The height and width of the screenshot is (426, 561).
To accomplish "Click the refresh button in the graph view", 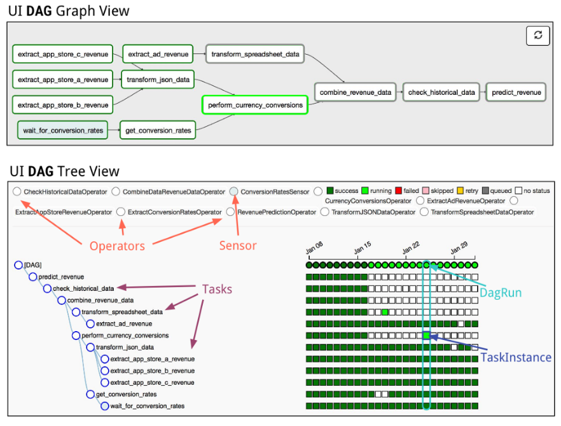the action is tap(537, 36).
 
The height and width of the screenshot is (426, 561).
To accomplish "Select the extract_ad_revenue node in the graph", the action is tap(158, 54).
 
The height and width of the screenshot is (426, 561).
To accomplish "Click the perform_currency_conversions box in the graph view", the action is tap(255, 105).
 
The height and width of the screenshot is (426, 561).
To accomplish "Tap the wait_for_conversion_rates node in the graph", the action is tap(63, 131).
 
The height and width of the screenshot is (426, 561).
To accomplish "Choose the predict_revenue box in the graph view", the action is tap(516, 92).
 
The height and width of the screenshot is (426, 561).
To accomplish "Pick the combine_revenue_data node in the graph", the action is tap(356, 92).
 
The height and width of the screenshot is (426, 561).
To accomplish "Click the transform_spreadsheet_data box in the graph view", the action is tap(255, 54).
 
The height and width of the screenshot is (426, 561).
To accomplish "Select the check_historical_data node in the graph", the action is tap(441, 92).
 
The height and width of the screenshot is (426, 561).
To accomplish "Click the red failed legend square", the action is tap(399, 190).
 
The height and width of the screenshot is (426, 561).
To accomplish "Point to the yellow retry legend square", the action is tap(461, 190).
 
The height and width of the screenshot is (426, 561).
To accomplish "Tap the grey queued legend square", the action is tap(485, 190).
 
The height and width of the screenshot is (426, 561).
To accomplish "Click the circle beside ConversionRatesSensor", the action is tap(233, 191).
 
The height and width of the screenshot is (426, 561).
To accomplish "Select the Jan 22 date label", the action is tap(411, 248).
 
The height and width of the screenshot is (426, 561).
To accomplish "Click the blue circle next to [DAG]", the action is tap(18, 265).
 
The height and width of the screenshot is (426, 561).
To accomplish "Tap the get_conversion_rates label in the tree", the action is tap(127, 394).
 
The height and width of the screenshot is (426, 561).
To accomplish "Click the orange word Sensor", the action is tap(238, 245).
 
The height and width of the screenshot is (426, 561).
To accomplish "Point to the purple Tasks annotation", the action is tap(217, 289).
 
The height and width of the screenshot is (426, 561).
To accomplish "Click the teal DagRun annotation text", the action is tap(501, 293).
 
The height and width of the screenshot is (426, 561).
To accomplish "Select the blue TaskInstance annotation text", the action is tap(516, 357).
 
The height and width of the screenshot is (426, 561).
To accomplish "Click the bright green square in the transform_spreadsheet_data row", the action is tap(385, 312).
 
